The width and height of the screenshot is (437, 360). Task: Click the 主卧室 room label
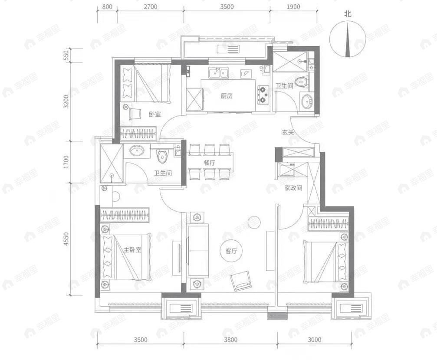click(132, 250)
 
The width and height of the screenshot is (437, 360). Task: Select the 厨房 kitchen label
click(227, 96)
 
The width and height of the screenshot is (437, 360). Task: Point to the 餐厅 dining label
click(210, 163)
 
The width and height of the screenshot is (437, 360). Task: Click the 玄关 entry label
click(288, 132)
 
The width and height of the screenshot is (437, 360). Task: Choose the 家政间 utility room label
click(293, 188)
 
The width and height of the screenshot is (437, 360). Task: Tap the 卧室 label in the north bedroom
click(155, 115)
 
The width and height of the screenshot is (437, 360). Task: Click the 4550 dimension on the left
click(66, 239)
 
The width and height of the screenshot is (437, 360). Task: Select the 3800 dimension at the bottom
click(230, 340)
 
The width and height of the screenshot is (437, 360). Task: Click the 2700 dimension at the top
click(150, 7)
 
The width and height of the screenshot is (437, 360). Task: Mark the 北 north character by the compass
click(348, 14)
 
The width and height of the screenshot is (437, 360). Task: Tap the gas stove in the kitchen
click(263, 95)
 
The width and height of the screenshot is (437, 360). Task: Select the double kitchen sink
click(218, 72)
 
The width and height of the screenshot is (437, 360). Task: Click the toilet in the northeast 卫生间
click(301, 81)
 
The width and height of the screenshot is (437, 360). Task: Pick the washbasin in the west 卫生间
click(138, 151)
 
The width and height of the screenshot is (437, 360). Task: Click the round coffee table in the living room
click(253, 222)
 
